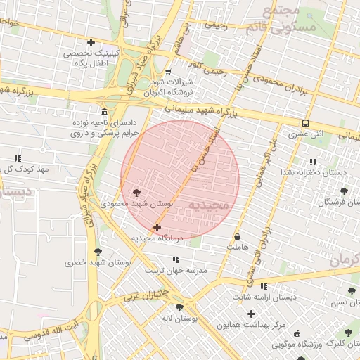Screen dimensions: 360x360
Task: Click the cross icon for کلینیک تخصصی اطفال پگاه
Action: [x=91, y=42]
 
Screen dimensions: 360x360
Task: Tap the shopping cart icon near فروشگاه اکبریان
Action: [x=167, y=72]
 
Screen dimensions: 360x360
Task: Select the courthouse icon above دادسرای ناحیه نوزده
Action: [x=105, y=112]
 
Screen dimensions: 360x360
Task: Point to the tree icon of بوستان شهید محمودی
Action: [x=136, y=192]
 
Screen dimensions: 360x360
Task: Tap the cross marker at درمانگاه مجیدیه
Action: [x=157, y=227]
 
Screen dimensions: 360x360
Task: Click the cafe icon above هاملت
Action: [x=237, y=236]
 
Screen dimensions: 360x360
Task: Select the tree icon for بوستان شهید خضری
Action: [x=97, y=251]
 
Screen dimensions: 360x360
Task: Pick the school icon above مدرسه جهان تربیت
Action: [x=175, y=259]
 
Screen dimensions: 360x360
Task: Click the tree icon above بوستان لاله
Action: [x=180, y=307]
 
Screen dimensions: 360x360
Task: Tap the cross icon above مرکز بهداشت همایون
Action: [x=252, y=314]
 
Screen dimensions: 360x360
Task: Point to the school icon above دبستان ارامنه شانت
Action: [x=264, y=286]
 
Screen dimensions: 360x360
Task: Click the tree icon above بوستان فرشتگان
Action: [x=344, y=191]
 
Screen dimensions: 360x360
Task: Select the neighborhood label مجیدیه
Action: [x=210, y=205]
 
